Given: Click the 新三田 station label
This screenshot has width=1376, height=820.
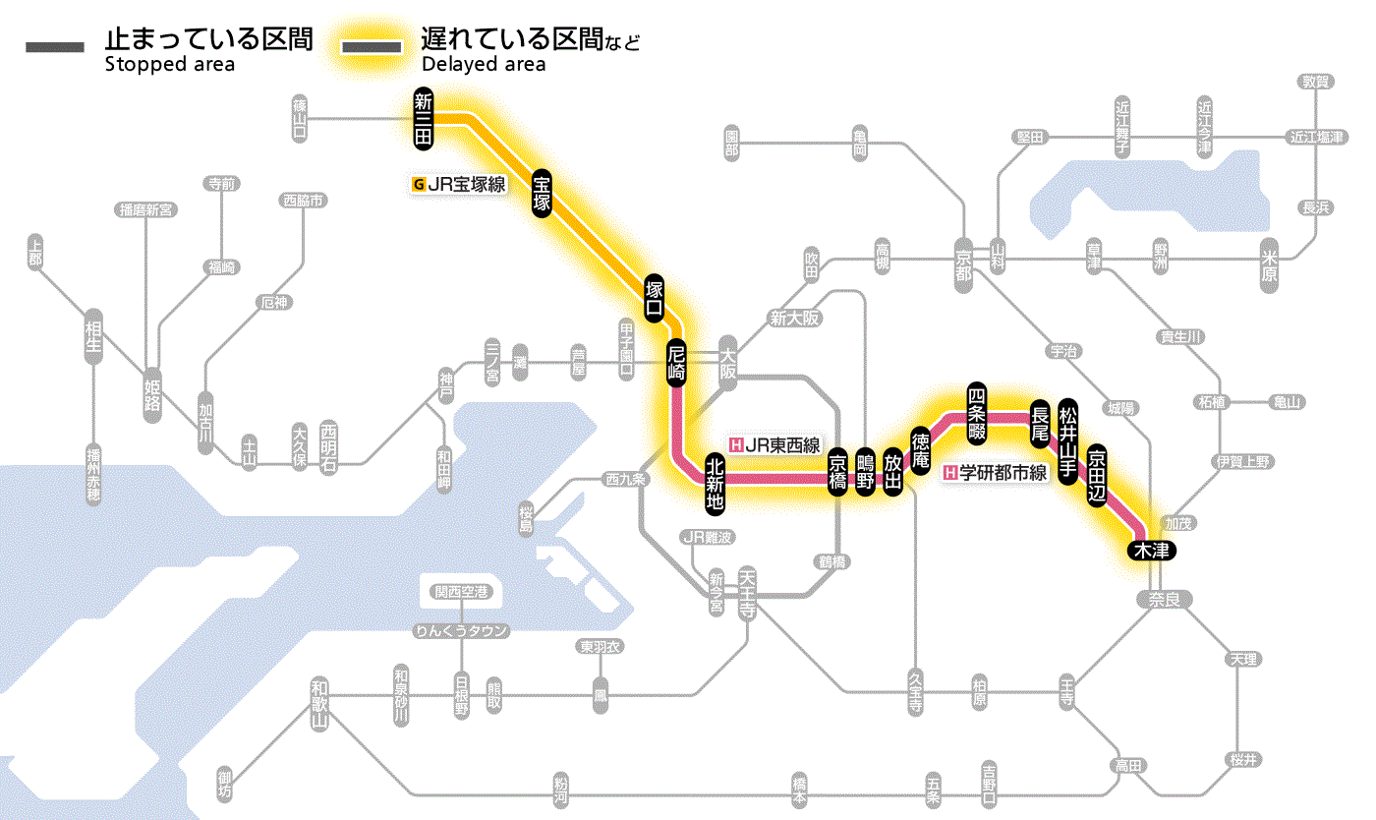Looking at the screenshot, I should [424, 119].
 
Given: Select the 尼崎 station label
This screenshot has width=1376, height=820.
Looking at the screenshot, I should [675, 363].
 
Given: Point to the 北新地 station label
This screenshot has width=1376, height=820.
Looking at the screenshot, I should [715, 484].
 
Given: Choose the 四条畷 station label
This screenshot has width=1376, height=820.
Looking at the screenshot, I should [976, 412].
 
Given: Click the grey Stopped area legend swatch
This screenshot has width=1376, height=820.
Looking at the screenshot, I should [56, 47].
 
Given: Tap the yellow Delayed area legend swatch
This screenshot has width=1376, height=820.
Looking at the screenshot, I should [372, 47].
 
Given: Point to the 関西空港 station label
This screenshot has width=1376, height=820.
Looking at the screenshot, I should [461, 592].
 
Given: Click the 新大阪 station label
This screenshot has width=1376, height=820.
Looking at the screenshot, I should [794, 319].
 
